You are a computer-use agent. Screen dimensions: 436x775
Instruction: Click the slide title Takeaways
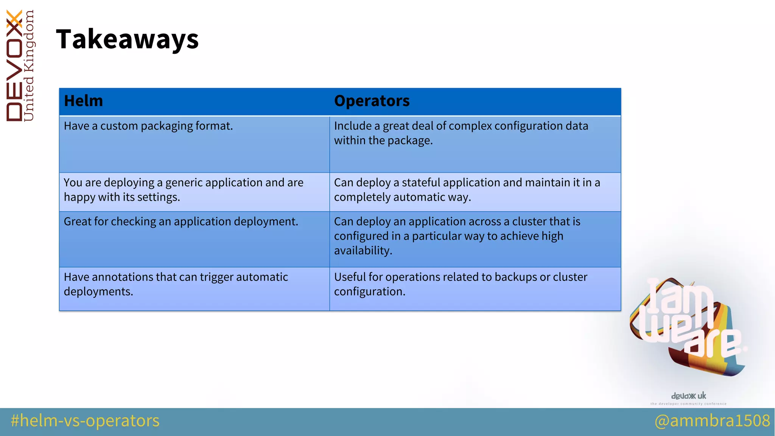[127, 39]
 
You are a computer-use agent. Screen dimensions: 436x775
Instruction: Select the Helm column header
[83, 101]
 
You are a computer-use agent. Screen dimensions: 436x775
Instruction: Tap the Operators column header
[372, 101]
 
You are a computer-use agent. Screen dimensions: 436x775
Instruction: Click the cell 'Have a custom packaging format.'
[148, 126]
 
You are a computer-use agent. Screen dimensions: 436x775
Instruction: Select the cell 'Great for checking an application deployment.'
[181, 222]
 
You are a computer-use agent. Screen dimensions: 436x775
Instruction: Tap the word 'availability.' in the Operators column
[363, 251]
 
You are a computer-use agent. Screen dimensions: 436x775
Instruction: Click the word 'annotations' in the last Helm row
[122, 277]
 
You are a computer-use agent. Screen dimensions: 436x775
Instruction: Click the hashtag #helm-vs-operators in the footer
[85, 421]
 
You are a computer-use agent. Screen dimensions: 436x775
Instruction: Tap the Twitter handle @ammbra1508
[712, 421]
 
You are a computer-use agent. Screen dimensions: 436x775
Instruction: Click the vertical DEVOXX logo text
[14, 66]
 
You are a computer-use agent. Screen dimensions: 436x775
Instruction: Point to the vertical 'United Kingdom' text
[29, 66]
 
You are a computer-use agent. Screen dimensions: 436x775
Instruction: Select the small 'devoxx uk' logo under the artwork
[688, 396]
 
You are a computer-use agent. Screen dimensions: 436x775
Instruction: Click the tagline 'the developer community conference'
[688, 404]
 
